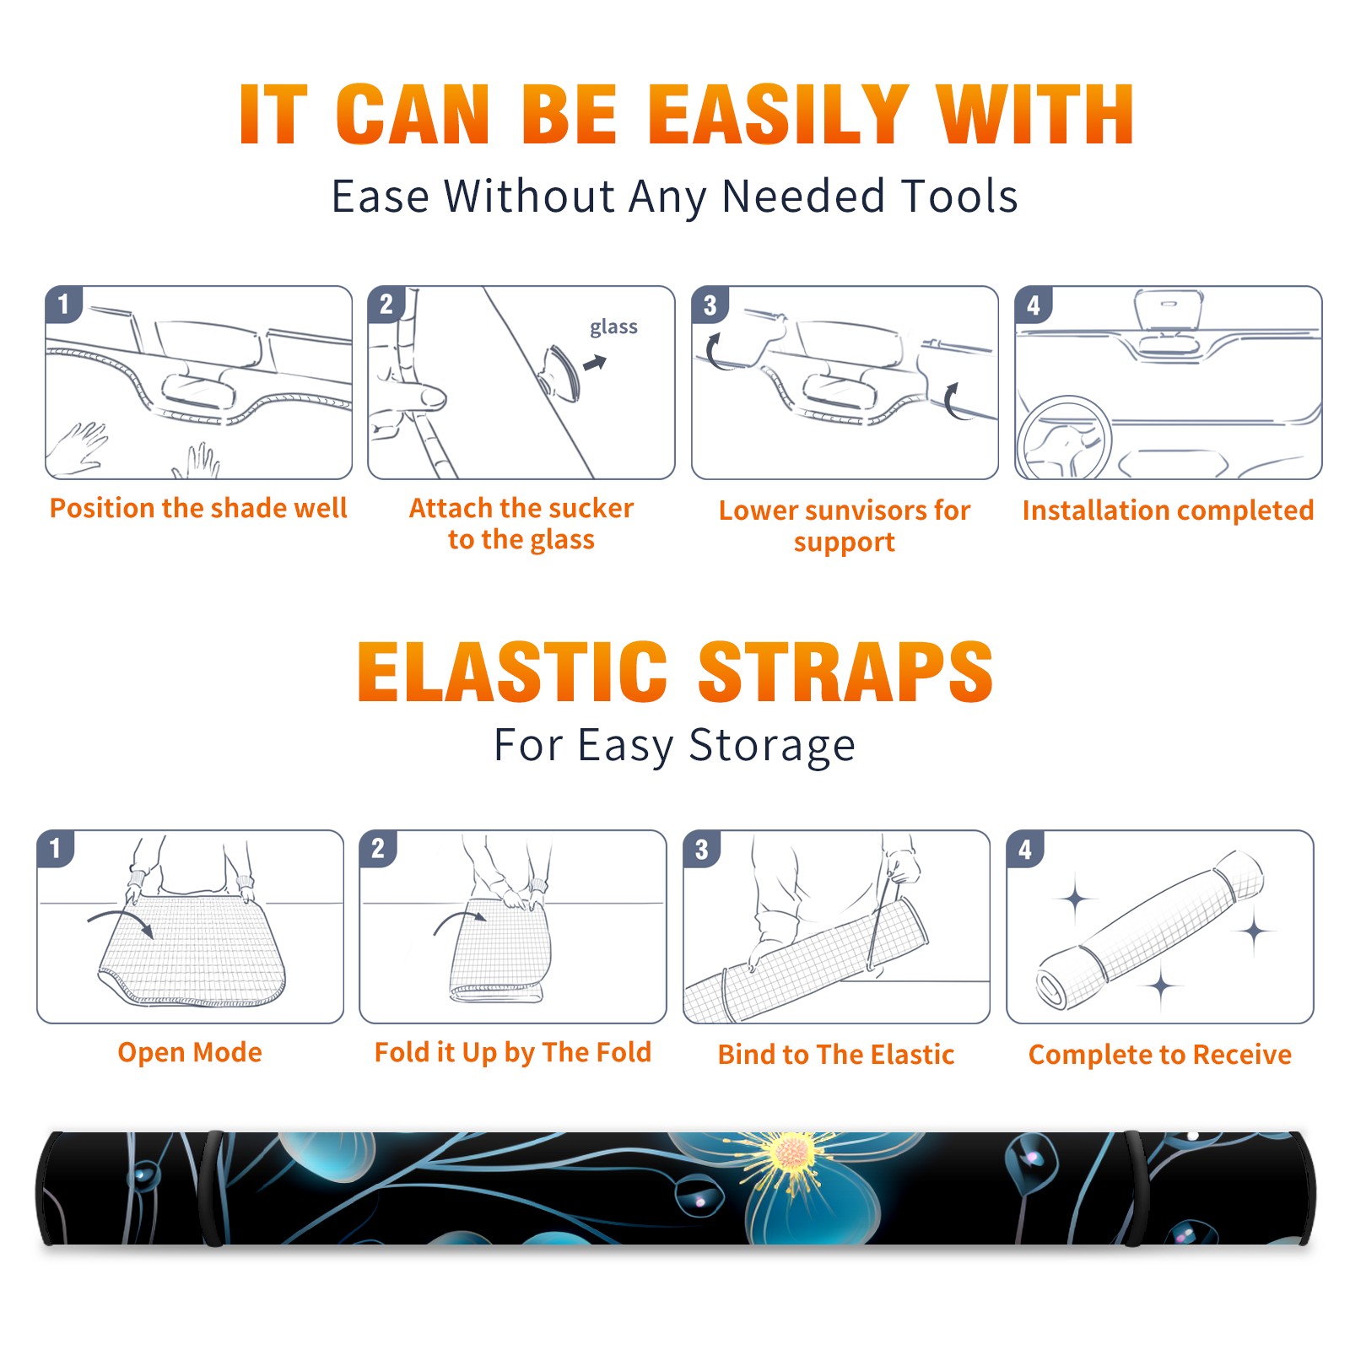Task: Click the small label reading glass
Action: [613, 327]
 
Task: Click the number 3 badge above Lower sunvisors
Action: [710, 305]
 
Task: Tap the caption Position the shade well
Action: [198, 508]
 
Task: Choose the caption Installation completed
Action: [1168, 510]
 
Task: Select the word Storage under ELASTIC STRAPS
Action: [772, 746]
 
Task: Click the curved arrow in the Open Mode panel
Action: [121, 921]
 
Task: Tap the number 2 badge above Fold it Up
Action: [378, 849]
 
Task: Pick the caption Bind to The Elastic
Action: [835, 1055]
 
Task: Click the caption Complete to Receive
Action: [1160, 1055]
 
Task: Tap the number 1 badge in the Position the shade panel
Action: [63, 305]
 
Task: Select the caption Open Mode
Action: [190, 1052]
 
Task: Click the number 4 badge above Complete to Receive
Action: [1025, 849]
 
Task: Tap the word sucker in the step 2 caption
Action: [588, 508]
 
